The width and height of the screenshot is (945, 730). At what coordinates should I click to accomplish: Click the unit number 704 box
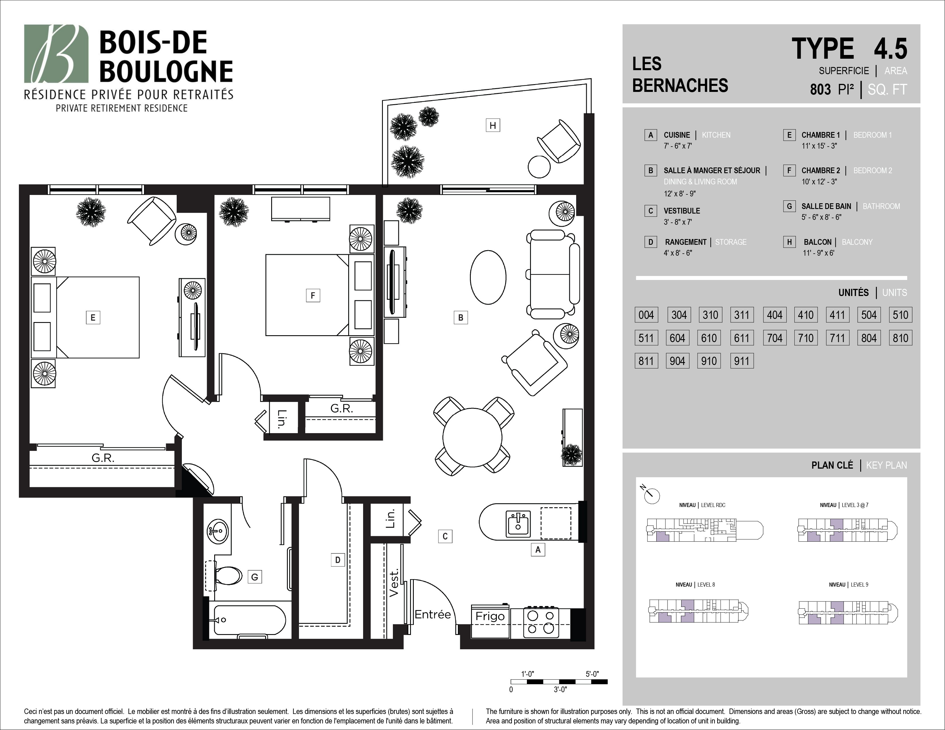click(775, 338)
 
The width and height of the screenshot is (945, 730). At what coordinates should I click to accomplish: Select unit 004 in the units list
click(646, 315)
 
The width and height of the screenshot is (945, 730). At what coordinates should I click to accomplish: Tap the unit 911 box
click(742, 361)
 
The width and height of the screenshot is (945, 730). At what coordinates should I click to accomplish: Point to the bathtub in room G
click(250, 620)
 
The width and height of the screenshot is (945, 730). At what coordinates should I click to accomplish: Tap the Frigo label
click(490, 616)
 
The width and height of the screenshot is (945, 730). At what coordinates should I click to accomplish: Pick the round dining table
click(472, 437)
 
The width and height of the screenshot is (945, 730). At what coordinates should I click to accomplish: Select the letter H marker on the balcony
click(493, 125)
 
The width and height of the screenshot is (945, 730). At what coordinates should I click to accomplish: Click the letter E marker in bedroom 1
click(92, 318)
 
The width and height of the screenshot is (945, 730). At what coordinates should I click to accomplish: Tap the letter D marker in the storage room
click(338, 560)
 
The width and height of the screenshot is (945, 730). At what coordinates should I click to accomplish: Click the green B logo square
click(56, 54)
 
